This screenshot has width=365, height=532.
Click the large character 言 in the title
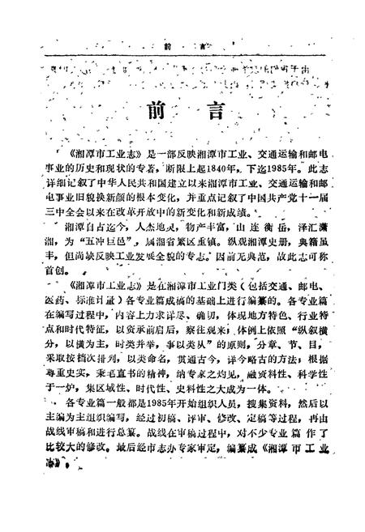tap(212, 112)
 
